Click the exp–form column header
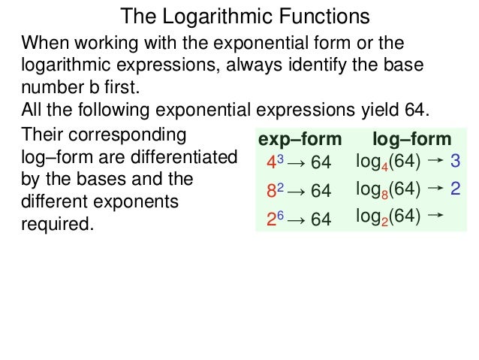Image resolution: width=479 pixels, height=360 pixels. click(x=299, y=140)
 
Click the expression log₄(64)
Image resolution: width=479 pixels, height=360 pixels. click(x=388, y=162)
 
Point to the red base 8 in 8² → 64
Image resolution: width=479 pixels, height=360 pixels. click(x=270, y=192)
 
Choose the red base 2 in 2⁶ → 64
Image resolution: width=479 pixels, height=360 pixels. click(x=270, y=219)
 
